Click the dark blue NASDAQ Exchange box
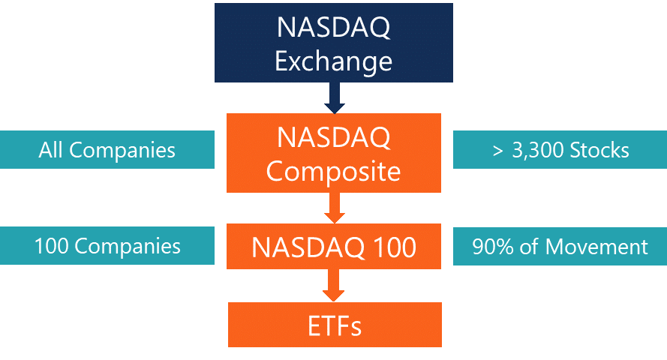[x=333, y=43]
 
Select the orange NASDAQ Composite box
[x=333, y=153]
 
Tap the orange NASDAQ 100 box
[x=333, y=246]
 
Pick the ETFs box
[x=335, y=325]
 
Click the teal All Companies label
[x=107, y=149]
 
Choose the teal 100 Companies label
[x=107, y=246]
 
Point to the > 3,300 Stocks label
[x=560, y=149]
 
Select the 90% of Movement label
[x=560, y=246]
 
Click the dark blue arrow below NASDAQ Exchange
[x=335, y=98]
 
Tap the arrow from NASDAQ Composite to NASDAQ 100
[x=335, y=208]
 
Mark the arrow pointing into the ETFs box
[x=333, y=286]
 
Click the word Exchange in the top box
[x=333, y=62]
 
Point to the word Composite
[x=333, y=172]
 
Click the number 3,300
[x=538, y=151]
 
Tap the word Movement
[x=596, y=247]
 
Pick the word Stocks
[x=599, y=150]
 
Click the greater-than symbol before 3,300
[x=497, y=151]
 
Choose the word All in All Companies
[x=50, y=150]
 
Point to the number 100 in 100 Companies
[x=52, y=246]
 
